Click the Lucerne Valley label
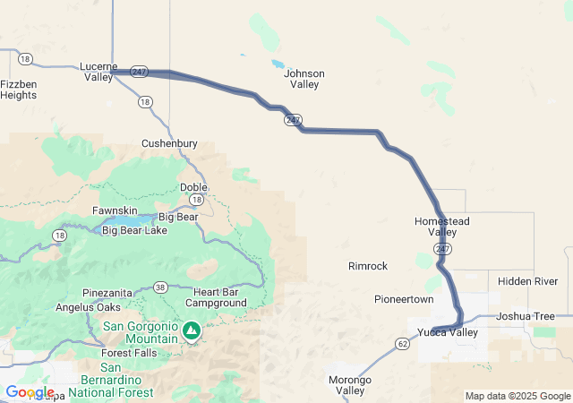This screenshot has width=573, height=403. pos(98,72)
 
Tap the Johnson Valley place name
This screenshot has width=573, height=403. pos(304,79)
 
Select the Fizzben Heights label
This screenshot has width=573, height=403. pos(18,89)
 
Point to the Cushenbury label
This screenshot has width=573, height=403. pos(169,143)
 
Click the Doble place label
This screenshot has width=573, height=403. pos(193,187)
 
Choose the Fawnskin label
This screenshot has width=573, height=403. pos(114,210)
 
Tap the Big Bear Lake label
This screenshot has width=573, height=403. pos(134,230)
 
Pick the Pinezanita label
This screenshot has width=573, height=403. pos(108,293)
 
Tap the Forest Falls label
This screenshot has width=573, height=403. pos(128,353)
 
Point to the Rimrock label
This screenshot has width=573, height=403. pos(368,266)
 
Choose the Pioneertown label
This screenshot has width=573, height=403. pos(404,298)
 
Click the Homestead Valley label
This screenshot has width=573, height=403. pos(442,227)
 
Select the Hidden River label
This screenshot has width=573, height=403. pos(527,281)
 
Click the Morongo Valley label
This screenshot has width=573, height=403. pos(349,385)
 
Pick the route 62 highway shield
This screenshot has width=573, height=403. pos(402,342)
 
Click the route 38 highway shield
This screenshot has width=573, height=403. pos(160,287)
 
